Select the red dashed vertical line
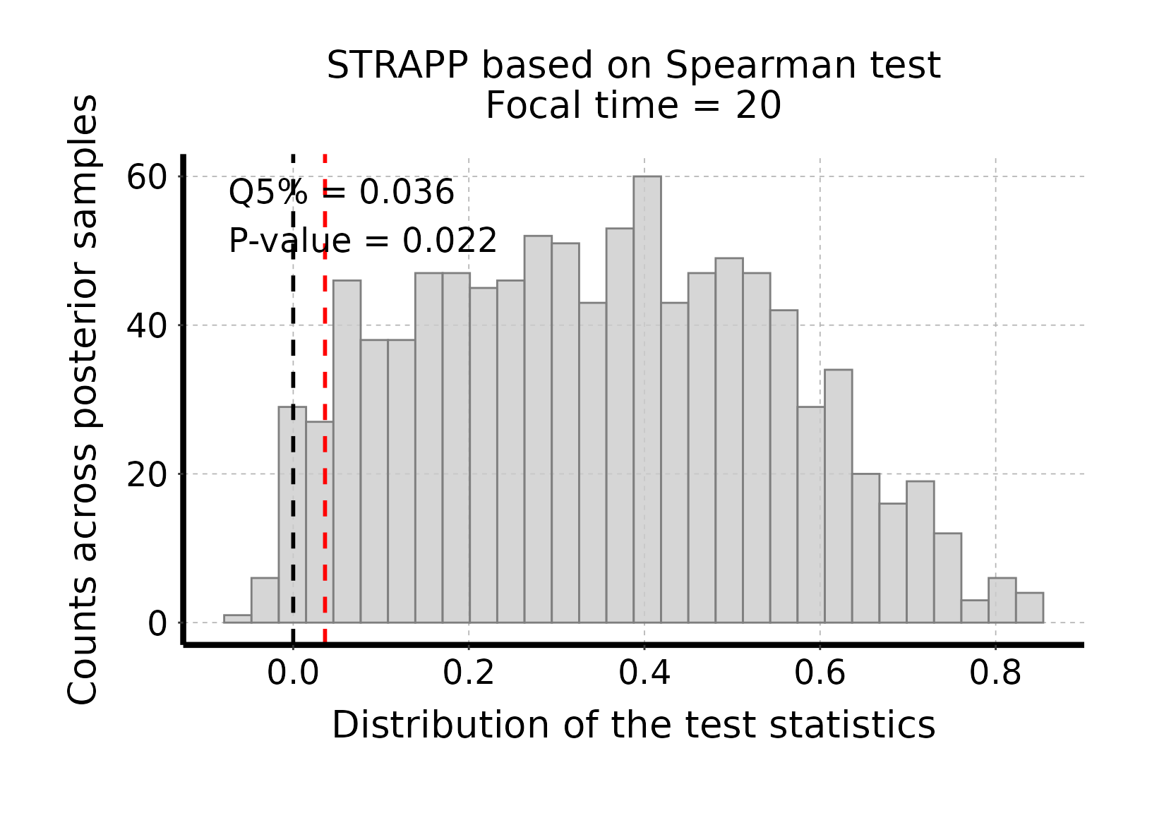click(x=325, y=494)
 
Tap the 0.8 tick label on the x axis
click(x=995, y=673)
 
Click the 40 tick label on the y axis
click(x=146, y=325)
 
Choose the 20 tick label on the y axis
click(x=146, y=474)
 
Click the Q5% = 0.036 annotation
click(x=342, y=192)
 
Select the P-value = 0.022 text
click(x=363, y=241)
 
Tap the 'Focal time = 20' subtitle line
click(x=633, y=107)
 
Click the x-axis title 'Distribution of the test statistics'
click(x=633, y=725)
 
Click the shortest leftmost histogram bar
click(x=237, y=619)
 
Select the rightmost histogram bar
click(x=1029, y=608)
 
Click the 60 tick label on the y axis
click(x=146, y=176)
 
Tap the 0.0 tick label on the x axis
click(x=293, y=673)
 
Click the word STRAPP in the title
click(x=397, y=66)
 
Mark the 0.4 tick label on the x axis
click(x=644, y=673)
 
